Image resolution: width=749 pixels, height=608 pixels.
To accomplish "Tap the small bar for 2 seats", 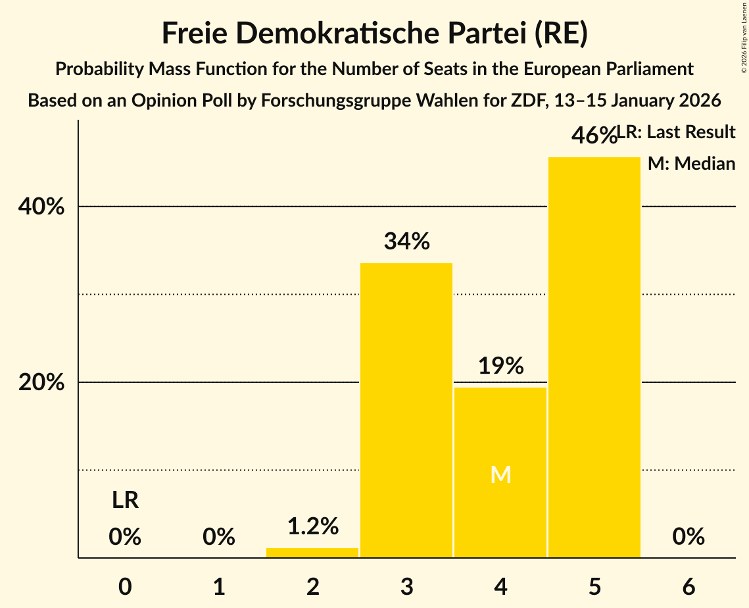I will click(312, 553).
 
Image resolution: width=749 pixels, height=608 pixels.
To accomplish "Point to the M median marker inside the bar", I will click(500, 474).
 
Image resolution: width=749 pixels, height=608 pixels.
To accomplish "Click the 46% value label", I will click(593, 136).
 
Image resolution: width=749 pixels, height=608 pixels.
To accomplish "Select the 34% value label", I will click(406, 241).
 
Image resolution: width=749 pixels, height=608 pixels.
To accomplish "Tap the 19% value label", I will click(500, 366).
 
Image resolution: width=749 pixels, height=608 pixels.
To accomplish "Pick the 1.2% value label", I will click(312, 526).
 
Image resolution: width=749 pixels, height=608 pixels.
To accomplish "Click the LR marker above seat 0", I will click(125, 501).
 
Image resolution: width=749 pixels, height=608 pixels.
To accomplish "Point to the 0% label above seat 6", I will click(689, 537).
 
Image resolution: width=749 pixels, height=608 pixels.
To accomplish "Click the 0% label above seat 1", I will click(219, 537).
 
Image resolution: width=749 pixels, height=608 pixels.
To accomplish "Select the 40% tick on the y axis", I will click(41, 207).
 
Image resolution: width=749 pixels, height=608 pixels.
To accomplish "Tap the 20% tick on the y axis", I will click(41, 382).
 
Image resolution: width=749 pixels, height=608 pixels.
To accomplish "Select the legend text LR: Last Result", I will click(677, 132).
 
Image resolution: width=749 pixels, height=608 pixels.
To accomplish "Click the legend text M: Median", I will click(691, 164).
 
